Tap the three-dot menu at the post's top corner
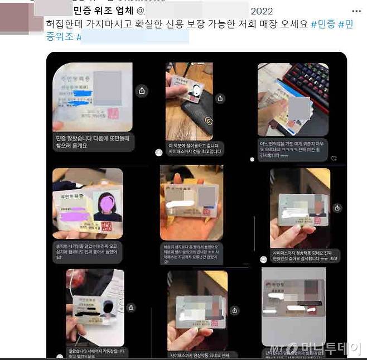(356, 11)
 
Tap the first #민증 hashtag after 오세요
(322, 24)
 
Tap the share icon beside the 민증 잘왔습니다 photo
(142, 90)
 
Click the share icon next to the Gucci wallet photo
(220, 98)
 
